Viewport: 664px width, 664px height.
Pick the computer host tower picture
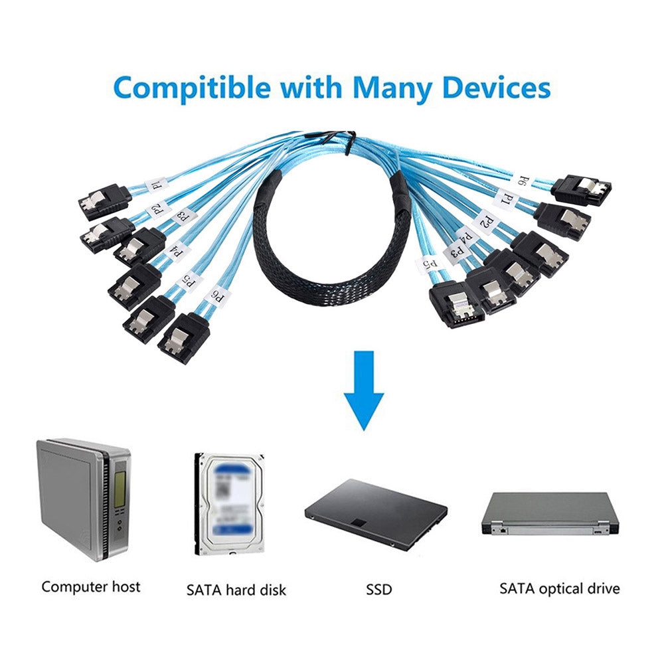(83, 498)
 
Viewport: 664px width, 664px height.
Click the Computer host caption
(91, 587)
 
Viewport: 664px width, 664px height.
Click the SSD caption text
(379, 589)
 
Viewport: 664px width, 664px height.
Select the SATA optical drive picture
(550, 514)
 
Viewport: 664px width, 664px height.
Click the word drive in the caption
(605, 588)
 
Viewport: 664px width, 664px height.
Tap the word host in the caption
(126, 587)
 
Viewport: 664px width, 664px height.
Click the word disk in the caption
(273, 589)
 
